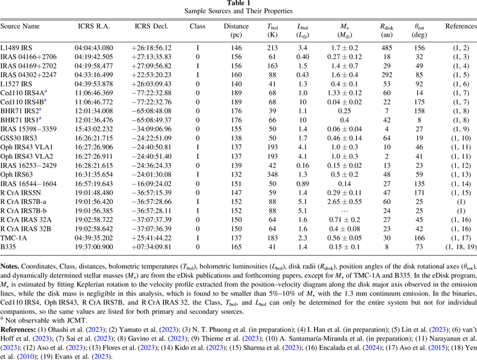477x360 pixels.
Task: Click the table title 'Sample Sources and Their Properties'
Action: point(238,11)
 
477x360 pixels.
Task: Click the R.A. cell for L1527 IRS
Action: point(95,82)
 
